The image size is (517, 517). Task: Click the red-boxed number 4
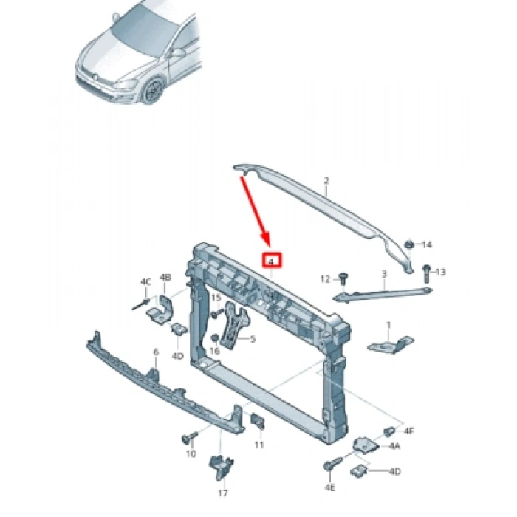(x=272, y=261)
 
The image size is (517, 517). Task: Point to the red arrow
(x=255, y=211)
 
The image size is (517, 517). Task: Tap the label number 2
(x=326, y=180)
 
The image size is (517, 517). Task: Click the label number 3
(x=383, y=275)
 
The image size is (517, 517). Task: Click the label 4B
(x=166, y=277)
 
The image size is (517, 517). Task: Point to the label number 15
(x=216, y=298)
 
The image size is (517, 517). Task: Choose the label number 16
(x=216, y=352)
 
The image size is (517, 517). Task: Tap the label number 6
(x=155, y=352)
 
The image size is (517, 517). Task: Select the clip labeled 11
(x=258, y=422)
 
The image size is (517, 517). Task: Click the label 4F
(x=408, y=430)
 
